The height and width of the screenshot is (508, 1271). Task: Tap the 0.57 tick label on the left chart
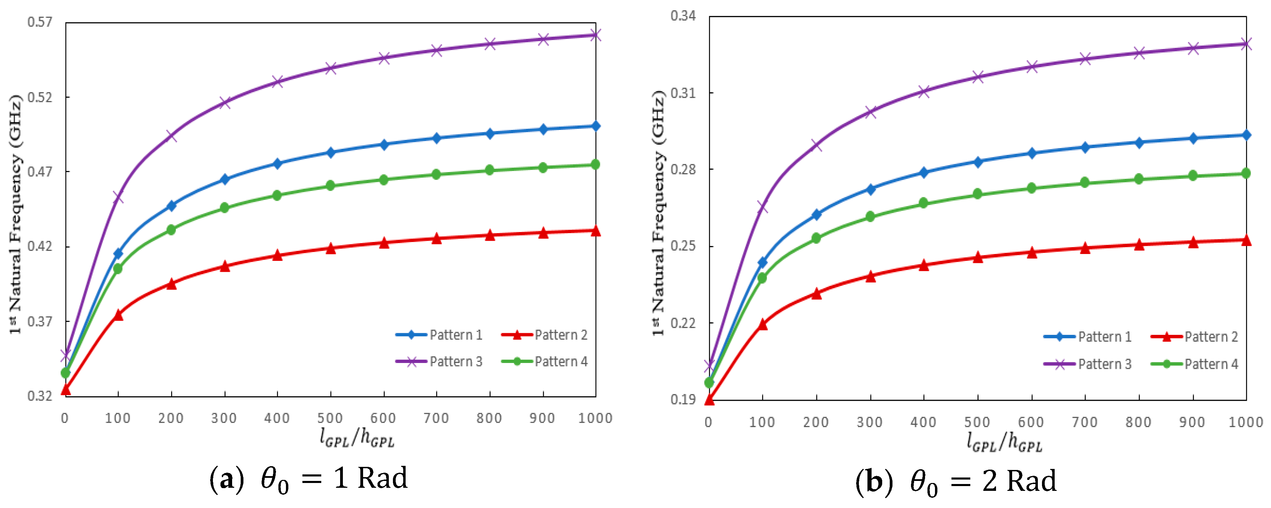coord(39,22)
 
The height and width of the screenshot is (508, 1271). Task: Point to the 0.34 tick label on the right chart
coord(683,16)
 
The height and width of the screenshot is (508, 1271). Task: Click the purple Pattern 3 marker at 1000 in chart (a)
coord(596,35)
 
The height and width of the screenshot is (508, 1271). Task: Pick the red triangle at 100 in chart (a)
coord(118,315)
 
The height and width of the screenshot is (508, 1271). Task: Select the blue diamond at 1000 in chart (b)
coord(1246,135)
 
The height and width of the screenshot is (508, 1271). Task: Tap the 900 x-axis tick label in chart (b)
coord(1192,422)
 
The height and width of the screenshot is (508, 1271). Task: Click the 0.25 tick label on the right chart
coord(683,246)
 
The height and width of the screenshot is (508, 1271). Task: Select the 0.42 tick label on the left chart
coord(39,246)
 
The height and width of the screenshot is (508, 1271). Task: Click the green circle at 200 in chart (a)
coord(171,230)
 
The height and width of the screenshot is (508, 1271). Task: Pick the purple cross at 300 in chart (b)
coord(870,112)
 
